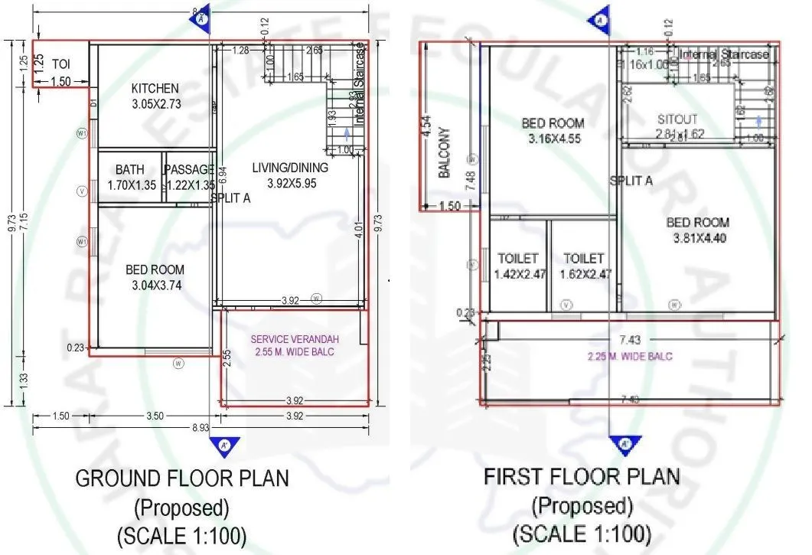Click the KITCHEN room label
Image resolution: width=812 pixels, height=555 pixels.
tap(155, 89)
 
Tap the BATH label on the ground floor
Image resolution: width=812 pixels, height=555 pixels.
tap(130, 169)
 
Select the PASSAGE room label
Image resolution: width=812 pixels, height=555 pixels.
tap(190, 169)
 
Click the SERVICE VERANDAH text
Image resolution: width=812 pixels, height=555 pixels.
tap(295, 339)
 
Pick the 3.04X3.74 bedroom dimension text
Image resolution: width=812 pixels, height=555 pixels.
tap(155, 286)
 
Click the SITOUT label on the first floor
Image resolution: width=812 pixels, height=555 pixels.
tap(677, 120)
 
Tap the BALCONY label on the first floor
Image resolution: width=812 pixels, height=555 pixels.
tap(444, 153)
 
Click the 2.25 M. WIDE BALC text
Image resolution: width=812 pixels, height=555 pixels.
tap(630, 356)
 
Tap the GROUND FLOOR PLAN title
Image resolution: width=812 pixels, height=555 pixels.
tap(182, 479)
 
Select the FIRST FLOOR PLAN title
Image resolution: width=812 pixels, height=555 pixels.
tap(582, 476)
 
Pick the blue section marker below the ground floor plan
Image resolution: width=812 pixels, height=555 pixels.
tap(224, 443)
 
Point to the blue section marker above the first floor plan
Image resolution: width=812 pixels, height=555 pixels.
tap(600, 21)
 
